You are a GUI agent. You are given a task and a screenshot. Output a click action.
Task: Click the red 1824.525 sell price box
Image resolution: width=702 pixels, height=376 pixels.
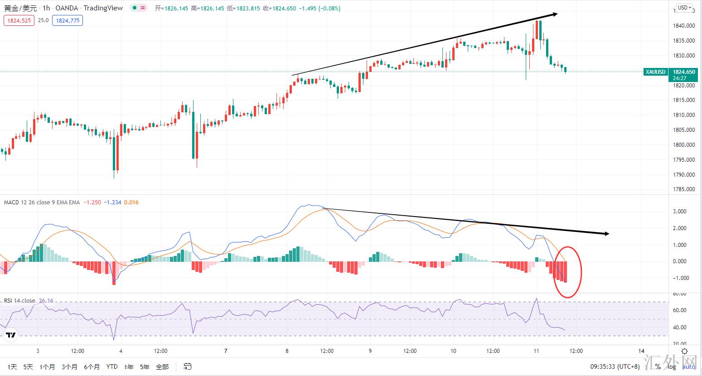tap(19, 20)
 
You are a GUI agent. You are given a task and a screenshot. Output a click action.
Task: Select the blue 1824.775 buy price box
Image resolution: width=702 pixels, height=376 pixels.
tap(68, 20)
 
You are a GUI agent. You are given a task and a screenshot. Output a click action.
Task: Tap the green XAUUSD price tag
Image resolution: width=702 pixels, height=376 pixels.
tap(655, 72)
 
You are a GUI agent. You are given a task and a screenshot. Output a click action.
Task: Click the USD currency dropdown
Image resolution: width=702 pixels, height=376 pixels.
tap(683, 8)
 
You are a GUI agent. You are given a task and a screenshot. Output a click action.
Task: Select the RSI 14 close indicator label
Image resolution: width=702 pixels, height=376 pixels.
tap(19, 301)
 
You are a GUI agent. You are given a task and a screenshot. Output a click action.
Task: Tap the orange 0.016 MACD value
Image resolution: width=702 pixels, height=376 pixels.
tap(131, 202)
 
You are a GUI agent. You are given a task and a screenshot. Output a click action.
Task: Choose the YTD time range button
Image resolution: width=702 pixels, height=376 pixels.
tap(112, 367)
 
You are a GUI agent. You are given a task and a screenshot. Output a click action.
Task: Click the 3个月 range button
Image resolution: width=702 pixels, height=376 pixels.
tap(69, 367)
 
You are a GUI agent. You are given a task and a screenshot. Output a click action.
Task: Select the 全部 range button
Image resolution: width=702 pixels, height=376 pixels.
tap(162, 367)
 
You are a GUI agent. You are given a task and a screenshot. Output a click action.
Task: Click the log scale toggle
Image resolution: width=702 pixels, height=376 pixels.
tap(671, 367)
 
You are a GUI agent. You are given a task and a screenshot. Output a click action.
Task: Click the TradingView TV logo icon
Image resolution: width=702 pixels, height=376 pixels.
tap(10, 335)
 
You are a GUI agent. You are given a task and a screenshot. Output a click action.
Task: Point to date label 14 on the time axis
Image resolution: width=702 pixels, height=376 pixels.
tap(641, 351)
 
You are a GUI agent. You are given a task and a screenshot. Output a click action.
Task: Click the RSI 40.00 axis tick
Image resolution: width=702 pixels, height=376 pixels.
tap(680, 328)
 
